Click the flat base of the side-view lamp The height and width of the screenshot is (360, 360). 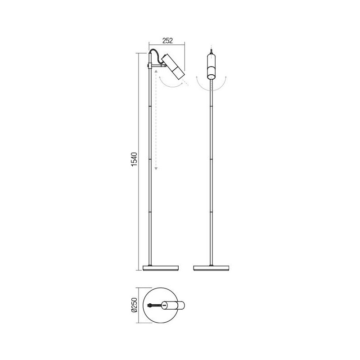pyautogui.click(x=161, y=268)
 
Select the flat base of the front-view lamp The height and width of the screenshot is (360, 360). pyautogui.click(x=211, y=268)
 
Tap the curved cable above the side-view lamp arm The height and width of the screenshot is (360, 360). pyautogui.click(x=159, y=55)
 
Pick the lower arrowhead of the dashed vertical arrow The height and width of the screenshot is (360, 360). pyautogui.click(x=156, y=169)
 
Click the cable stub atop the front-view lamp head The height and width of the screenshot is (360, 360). pyautogui.click(x=211, y=50)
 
